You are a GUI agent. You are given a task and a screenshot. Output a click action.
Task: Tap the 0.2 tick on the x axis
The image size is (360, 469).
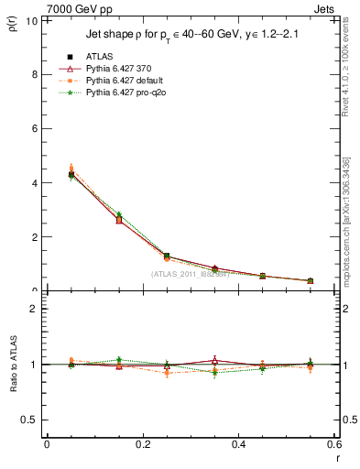[142, 445]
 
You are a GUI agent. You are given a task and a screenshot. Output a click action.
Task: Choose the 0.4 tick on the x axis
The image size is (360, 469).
[238, 445]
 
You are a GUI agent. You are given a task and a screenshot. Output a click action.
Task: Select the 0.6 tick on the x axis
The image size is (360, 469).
[333, 445]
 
